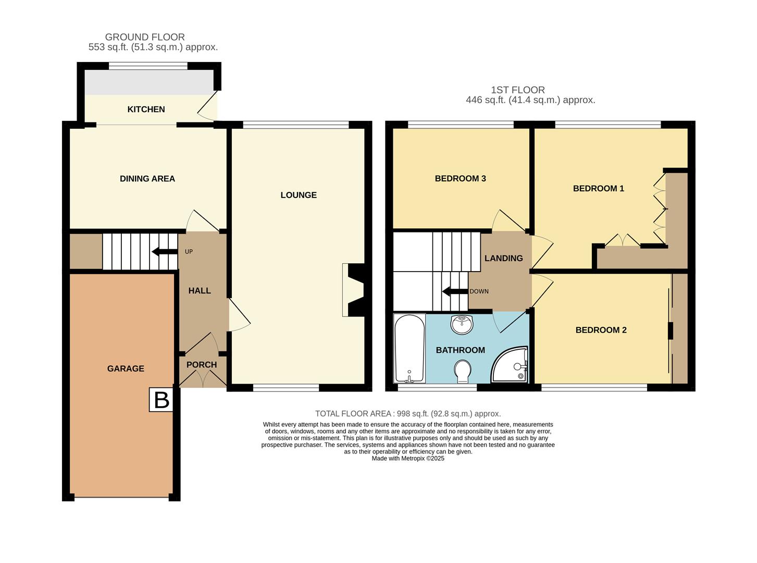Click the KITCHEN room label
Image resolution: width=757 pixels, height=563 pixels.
pyautogui.click(x=146, y=109)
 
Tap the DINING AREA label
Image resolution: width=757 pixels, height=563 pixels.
pyautogui.click(x=147, y=179)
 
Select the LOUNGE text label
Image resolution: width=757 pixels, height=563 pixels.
pyautogui.click(x=299, y=195)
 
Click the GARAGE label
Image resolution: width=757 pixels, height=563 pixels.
pyautogui.click(x=126, y=369)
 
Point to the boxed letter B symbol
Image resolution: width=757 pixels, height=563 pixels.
pyautogui.click(x=162, y=400)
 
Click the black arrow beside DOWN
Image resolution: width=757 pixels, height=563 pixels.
pyautogui.click(x=454, y=291)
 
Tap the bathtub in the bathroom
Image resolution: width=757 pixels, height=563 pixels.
pyautogui.click(x=409, y=348)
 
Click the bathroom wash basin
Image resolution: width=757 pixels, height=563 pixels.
pyautogui.click(x=462, y=324)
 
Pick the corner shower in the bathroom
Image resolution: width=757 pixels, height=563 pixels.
pyautogui.click(x=511, y=365)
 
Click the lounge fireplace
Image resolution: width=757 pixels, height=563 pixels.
pyautogui.click(x=353, y=290)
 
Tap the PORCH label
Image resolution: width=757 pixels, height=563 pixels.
pyautogui.click(x=202, y=365)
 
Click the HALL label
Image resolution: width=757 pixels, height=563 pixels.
pyautogui.click(x=200, y=291)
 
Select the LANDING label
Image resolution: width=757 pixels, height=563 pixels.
pyautogui.click(x=503, y=259)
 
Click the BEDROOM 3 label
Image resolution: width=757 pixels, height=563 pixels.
pyautogui.click(x=460, y=179)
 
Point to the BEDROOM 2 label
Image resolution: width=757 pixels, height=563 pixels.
pyautogui.click(x=601, y=330)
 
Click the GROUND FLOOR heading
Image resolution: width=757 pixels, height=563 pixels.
pyautogui.click(x=145, y=37)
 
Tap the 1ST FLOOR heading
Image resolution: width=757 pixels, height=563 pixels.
pyautogui.click(x=517, y=90)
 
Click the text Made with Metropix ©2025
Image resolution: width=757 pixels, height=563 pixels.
pyautogui.click(x=408, y=459)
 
